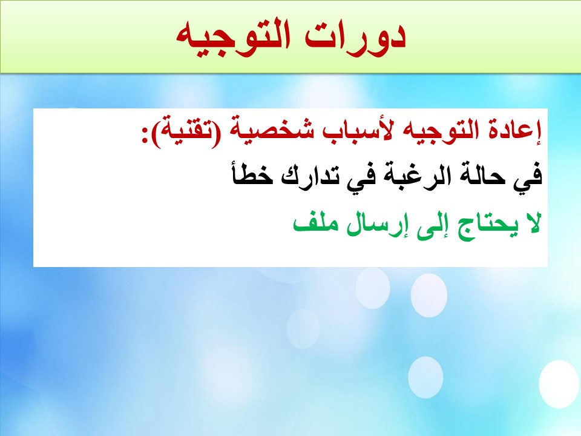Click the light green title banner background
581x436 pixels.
(93, 37)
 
